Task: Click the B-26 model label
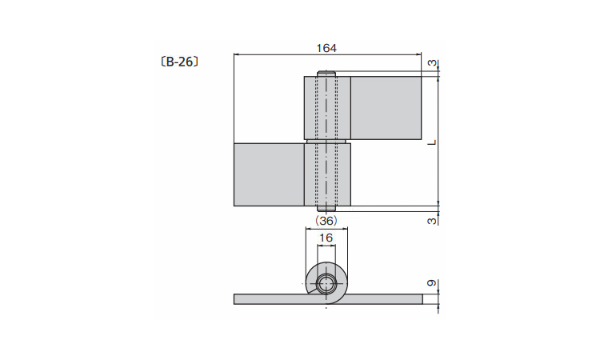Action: click(179, 62)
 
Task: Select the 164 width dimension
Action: click(326, 48)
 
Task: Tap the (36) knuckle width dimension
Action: click(326, 220)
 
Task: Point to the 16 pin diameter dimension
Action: click(326, 238)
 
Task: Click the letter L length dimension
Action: click(432, 142)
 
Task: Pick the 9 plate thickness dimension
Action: click(432, 283)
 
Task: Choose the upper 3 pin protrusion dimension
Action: click(432, 62)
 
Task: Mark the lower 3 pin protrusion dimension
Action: click(432, 221)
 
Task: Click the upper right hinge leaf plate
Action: click(386, 108)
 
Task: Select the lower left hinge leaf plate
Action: click(269, 175)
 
